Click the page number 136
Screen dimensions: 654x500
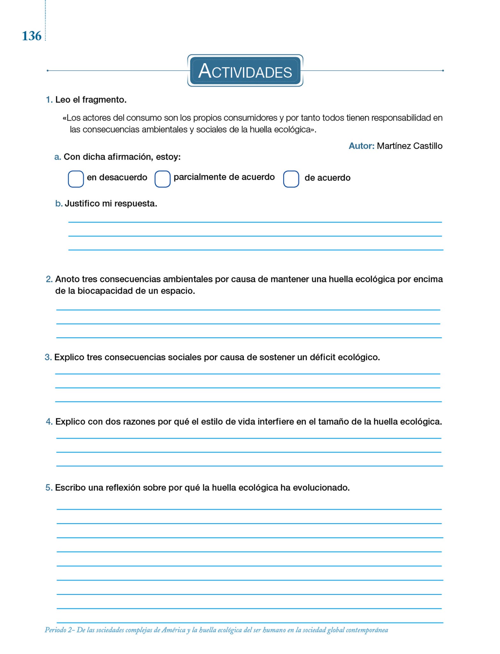coord(32,36)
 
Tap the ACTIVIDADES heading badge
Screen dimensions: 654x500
coord(245,71)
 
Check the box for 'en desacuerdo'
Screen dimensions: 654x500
coord(76,179)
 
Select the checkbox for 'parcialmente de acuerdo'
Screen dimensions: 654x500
coord(162,179)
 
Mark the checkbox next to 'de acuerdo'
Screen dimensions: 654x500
coord(291,179)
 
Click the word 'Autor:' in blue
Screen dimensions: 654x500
coord(361,146)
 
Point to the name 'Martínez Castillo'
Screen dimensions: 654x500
coord(410,146)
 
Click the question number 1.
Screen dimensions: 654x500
coord(49,100)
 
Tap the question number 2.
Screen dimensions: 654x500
coord(49,279)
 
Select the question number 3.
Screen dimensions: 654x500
coord(48,357)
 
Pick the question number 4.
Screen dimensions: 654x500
coord(49,422)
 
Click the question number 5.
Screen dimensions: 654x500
coord(49,488)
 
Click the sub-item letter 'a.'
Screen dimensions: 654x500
coord(58,157)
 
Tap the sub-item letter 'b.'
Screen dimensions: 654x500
coord(59,203)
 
